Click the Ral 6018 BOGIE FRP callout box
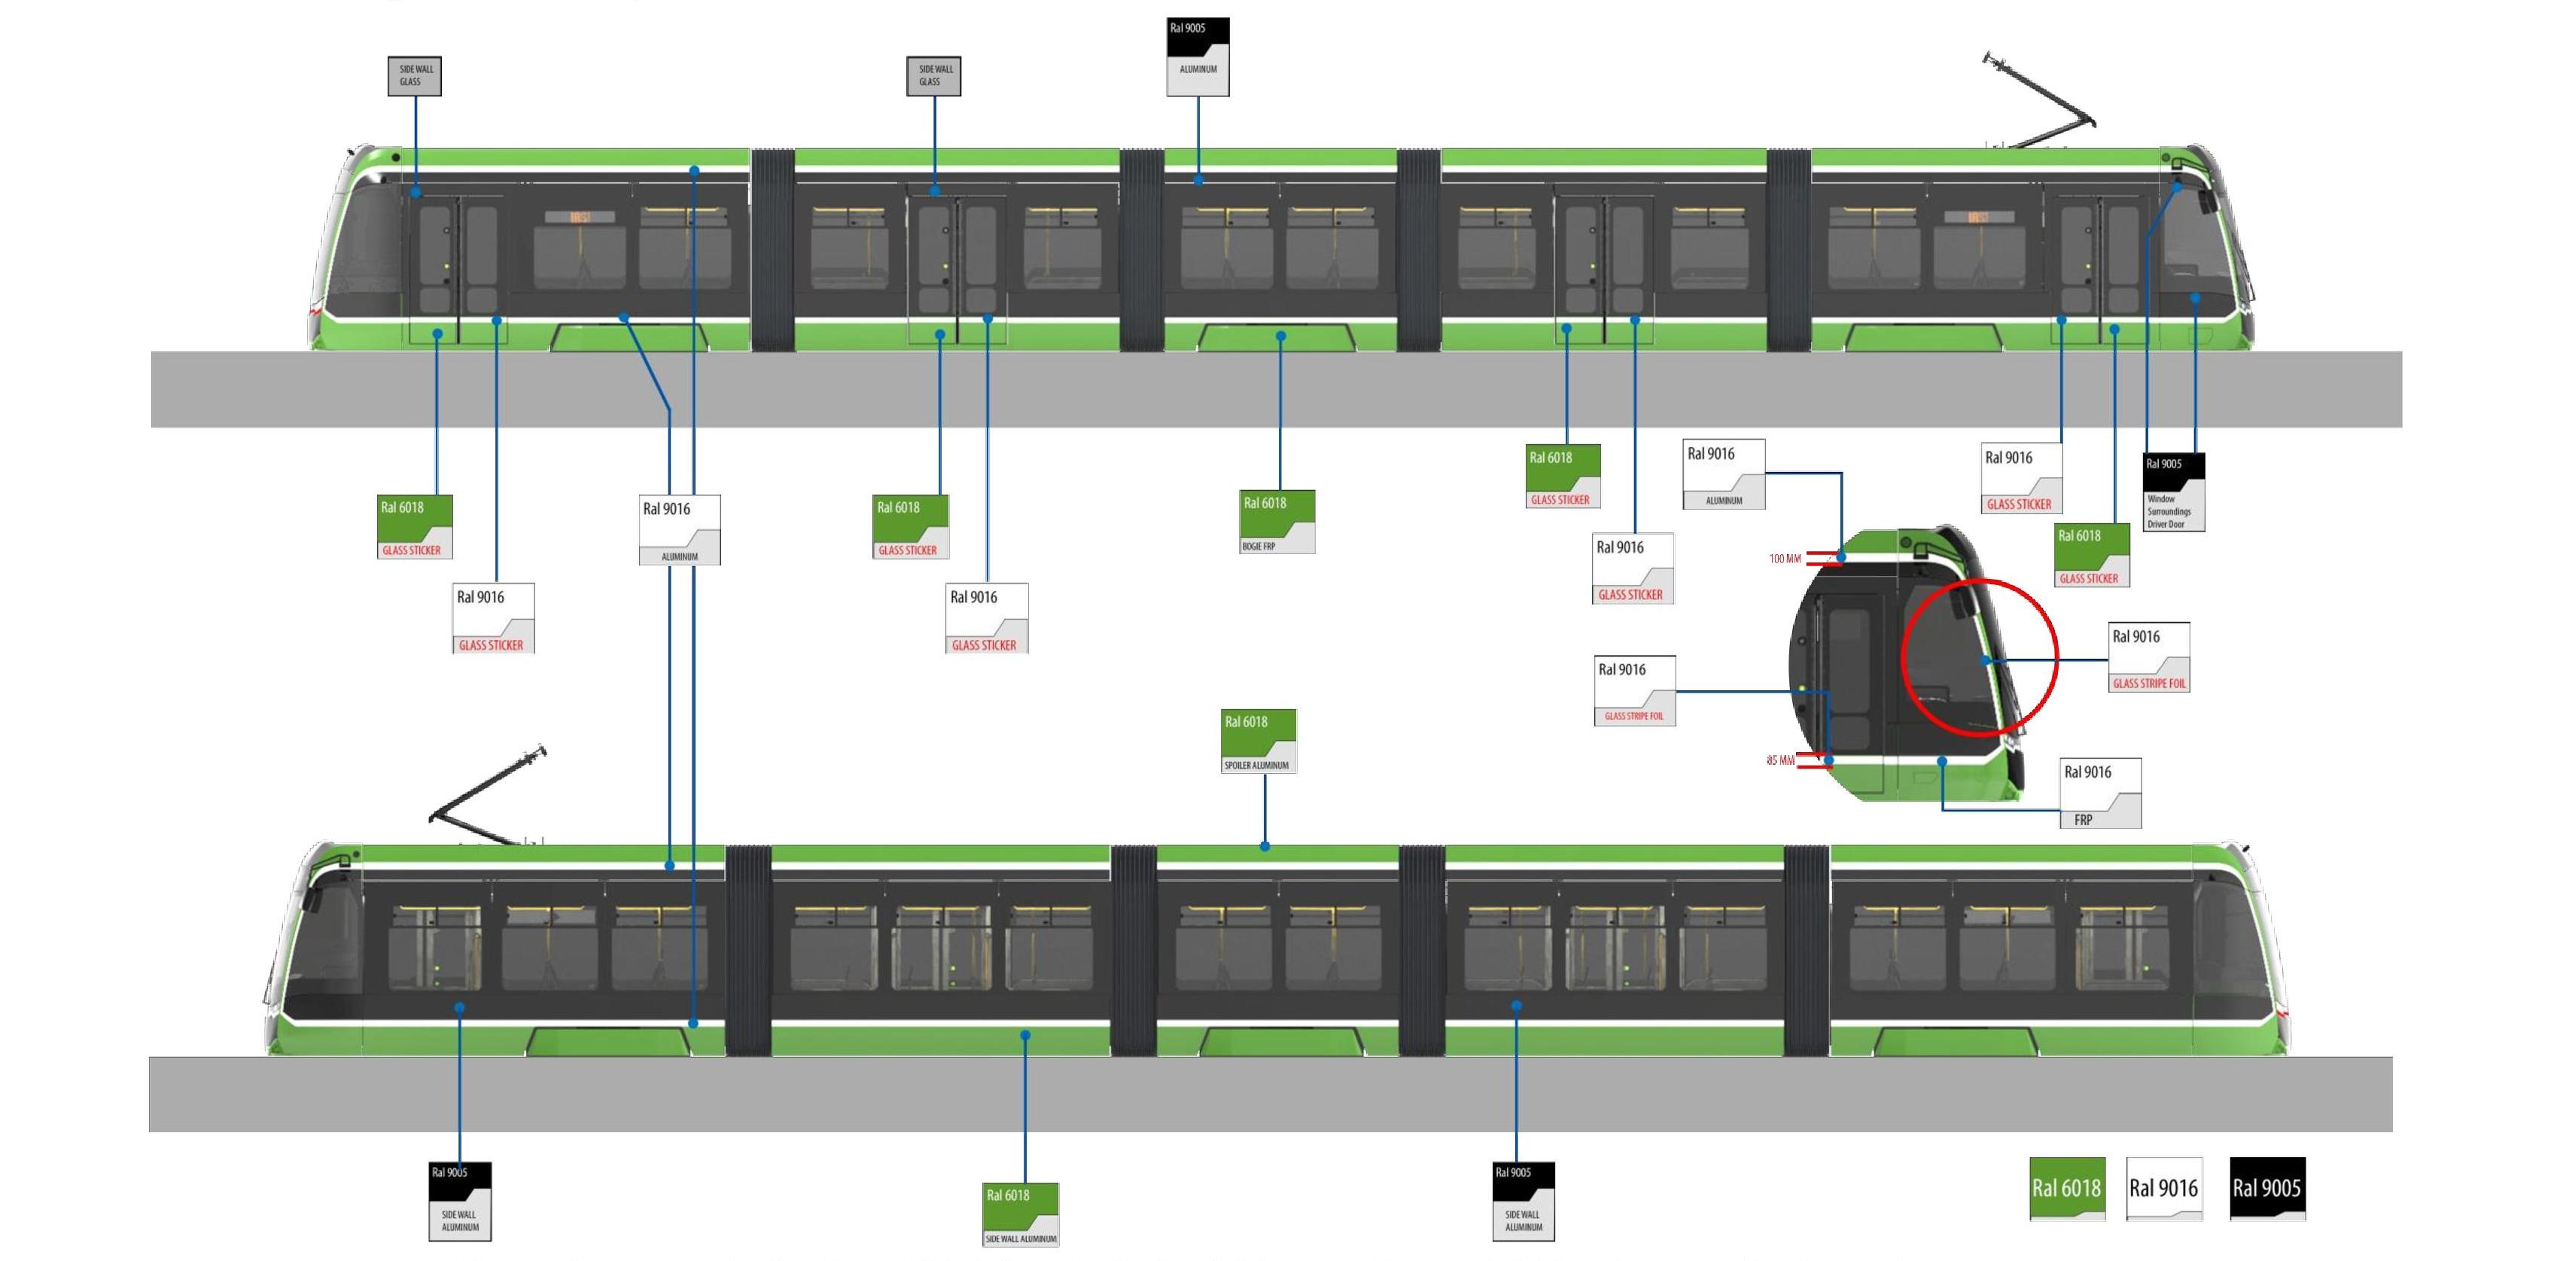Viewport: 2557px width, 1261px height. [1277, 521]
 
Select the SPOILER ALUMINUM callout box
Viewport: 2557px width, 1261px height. [1258, 741]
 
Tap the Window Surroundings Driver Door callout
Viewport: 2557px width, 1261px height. [2174, 492]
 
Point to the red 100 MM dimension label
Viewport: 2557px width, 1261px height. [1784, 559]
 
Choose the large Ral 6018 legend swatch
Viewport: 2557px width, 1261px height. [2067, 1187]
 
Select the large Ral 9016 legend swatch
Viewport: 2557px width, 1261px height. [2164, 1187]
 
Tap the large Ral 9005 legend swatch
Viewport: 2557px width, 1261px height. [2267, 1187]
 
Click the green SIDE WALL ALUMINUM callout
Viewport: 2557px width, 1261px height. [1021, 1214]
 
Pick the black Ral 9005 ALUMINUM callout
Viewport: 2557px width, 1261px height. [1198, 56]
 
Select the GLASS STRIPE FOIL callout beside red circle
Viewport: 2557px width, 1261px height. [2148, 657]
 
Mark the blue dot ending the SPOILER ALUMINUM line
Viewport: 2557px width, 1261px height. [1265, 847]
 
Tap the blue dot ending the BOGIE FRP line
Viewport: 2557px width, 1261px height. [1280, 337]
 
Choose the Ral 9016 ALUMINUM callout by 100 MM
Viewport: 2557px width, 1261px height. [1723, 474]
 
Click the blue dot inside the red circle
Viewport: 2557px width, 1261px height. [1985, 660]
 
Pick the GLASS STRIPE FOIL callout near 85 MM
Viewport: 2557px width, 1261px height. [1634, 690]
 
